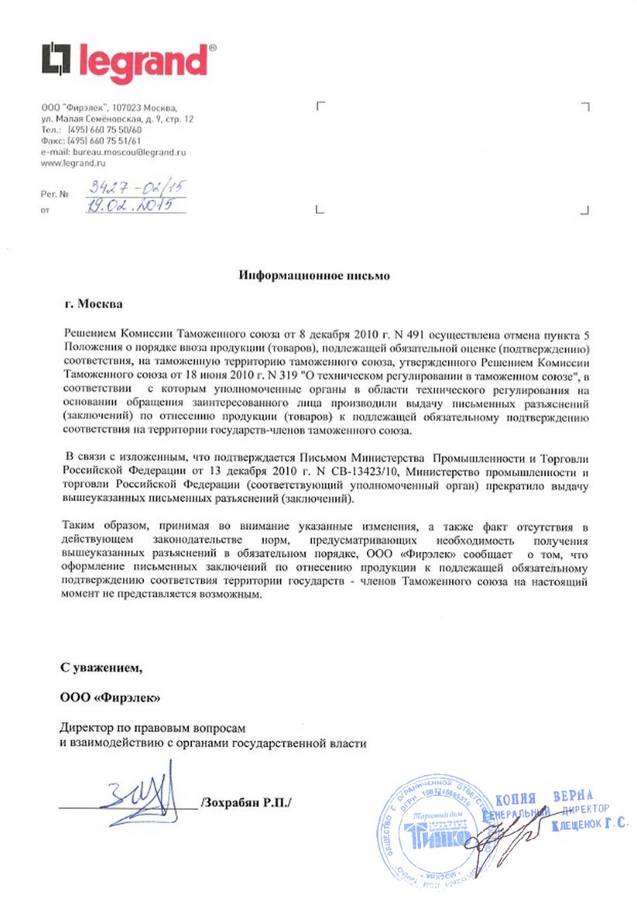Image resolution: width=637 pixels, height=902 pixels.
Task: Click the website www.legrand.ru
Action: tap(73, 163)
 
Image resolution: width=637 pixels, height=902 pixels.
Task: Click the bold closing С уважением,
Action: tap(101, 666)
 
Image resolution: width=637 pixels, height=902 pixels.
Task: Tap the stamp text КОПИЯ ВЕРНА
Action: tap(543, 797)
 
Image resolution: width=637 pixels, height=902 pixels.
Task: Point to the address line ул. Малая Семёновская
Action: tap(118, 119)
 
